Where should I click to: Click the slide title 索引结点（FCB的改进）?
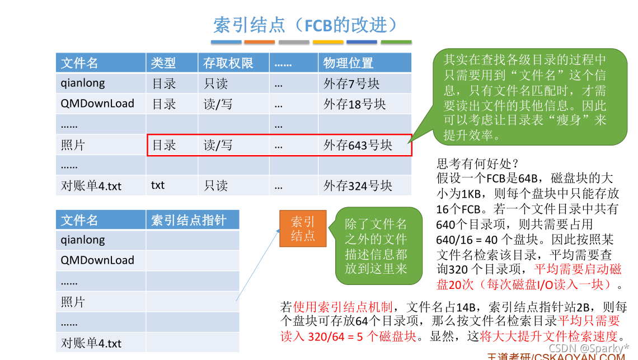[306, 25]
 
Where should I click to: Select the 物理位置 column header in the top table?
[348, 63]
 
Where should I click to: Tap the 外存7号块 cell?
[351, 83]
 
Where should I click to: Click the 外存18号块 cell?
[355, 104]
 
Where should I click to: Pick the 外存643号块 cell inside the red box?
[358, 145]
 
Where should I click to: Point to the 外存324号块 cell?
[358, 185]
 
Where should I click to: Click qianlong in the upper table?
[83, 83]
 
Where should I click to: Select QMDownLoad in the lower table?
[97, 260]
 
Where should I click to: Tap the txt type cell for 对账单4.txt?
[158, 185]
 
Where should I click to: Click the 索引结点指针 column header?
[189, 220]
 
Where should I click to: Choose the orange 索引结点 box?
[303, 228]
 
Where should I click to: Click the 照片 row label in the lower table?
[73, 302]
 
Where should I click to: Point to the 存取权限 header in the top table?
[228, 63]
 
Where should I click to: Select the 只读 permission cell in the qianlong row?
[215, 83]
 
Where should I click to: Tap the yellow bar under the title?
[328, 42]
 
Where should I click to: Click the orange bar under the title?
[260, 42]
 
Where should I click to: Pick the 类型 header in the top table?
[163, 63]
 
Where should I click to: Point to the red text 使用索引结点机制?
[343, 307]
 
